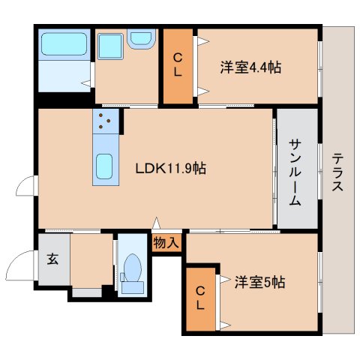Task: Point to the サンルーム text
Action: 295,170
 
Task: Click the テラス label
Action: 338,170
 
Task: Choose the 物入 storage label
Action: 166,242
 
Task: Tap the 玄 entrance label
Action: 52,259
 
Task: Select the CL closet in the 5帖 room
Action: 199,298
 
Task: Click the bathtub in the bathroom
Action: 64,46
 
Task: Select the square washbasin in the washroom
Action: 109,46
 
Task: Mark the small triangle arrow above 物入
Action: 156,223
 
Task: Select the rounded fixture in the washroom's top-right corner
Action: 140,39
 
